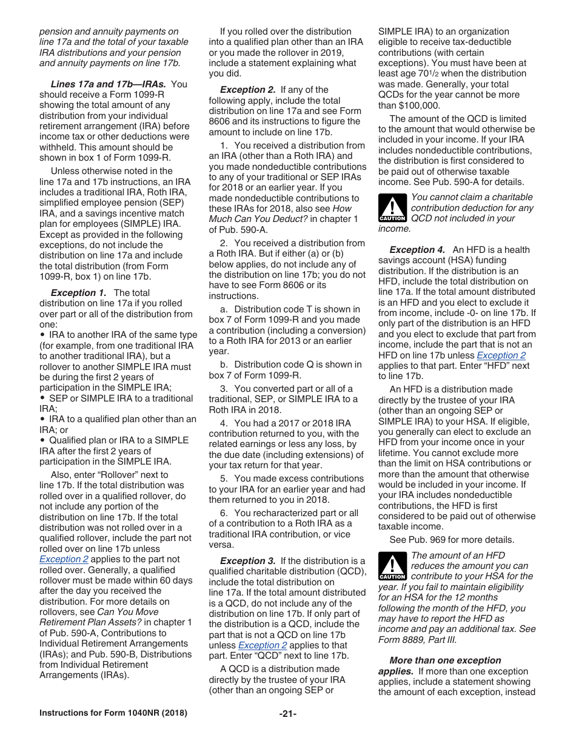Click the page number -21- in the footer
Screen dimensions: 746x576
click(x=287, y=713)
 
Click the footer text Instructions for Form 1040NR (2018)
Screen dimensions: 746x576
click(x=113, y=713)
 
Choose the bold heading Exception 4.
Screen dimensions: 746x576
click(x=417, y=249)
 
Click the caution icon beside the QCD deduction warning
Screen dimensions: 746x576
click(x=392, y=208)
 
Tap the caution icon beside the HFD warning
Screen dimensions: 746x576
click(x=392, y=566)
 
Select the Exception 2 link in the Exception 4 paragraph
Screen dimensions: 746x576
click(x=501, y=355)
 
